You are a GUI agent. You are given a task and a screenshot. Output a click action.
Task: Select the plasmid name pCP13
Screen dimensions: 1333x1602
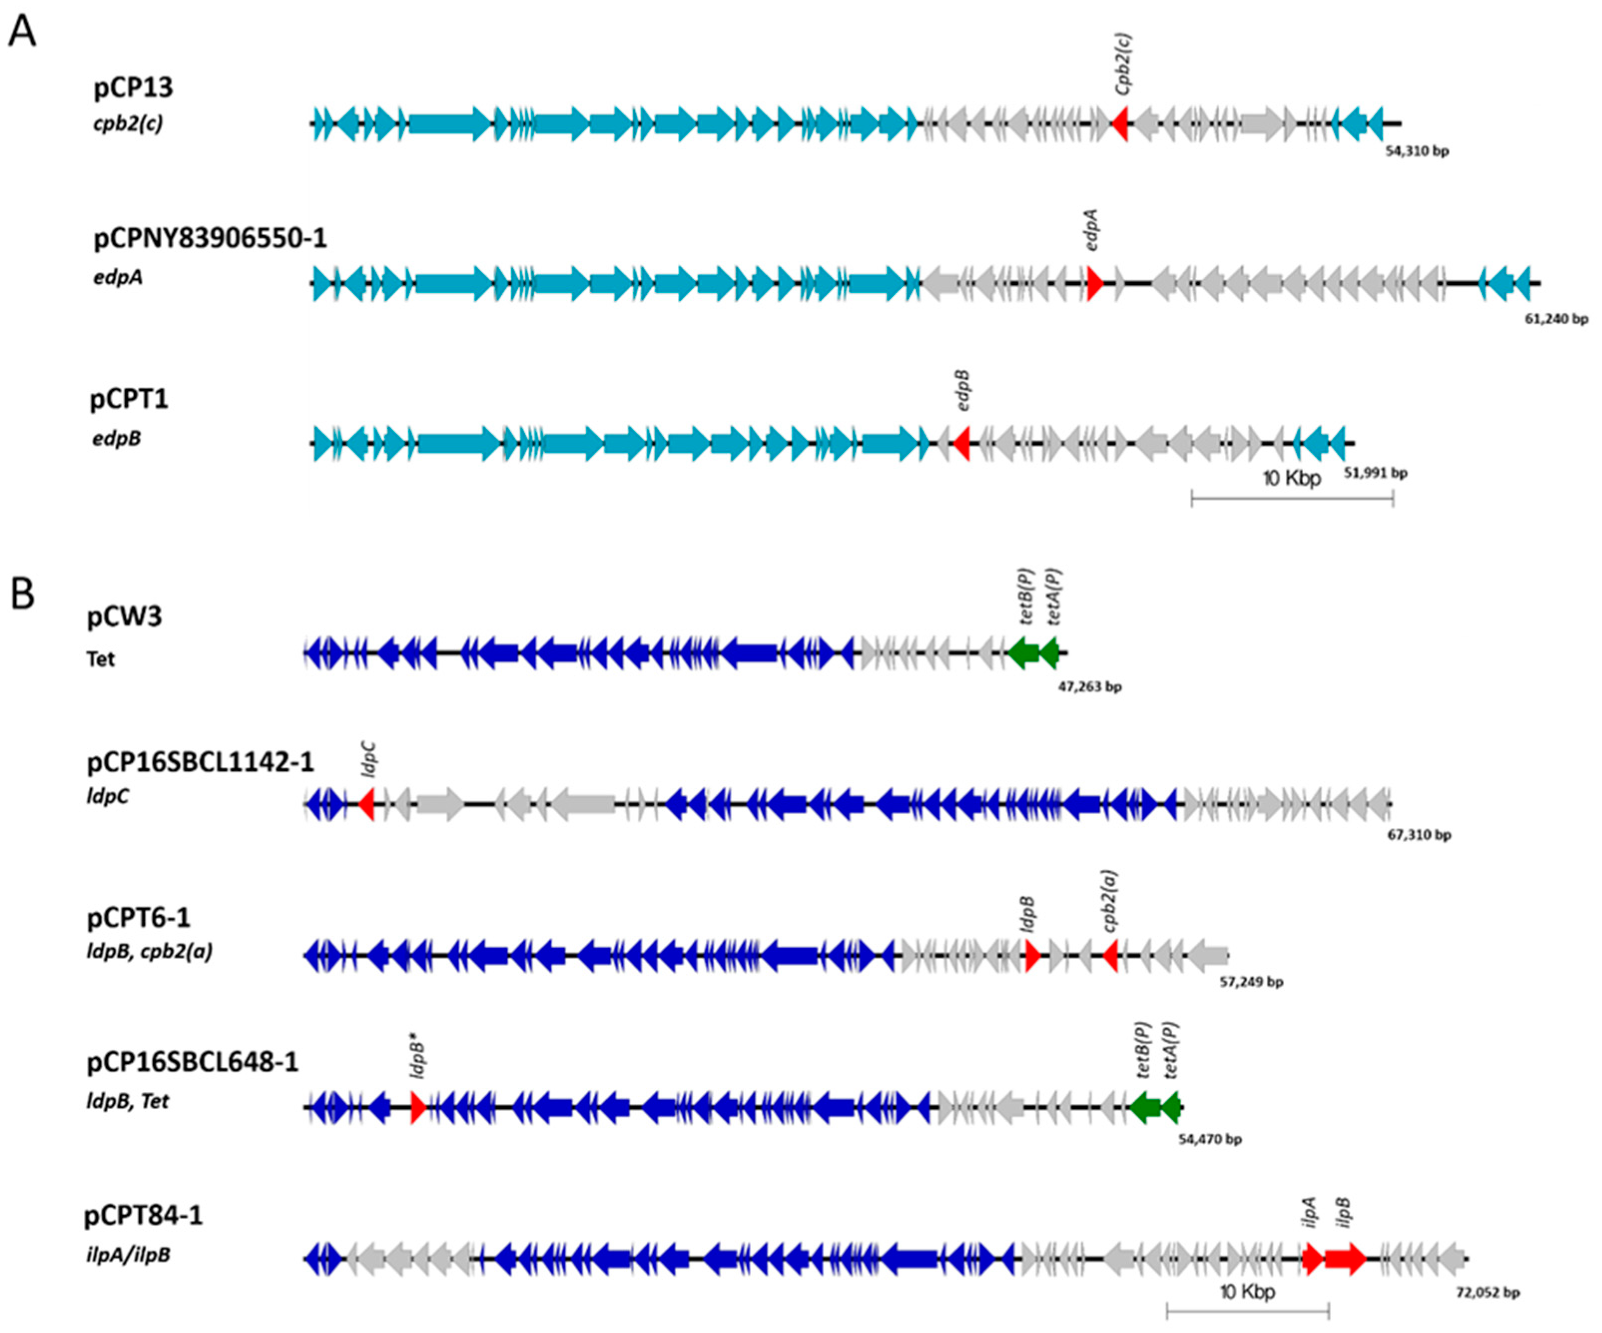tap(134, 88)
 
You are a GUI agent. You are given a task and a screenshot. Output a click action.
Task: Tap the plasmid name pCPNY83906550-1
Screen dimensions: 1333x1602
tap(210, 239)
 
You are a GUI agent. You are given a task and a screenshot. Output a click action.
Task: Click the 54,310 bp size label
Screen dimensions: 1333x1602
tap(1417, 152)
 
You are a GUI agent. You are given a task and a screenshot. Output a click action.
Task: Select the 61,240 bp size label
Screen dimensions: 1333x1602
tap(1556, 319)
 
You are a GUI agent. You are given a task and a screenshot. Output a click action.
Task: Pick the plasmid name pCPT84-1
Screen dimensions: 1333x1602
tap(143, 1215)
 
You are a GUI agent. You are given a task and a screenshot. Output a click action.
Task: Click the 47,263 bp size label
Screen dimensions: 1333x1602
tap(1089, 687)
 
